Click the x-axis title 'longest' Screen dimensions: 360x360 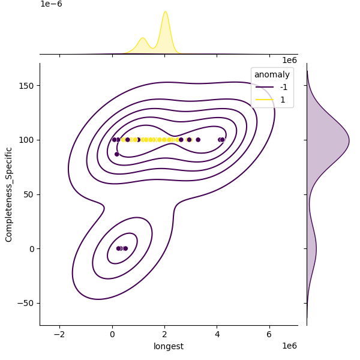tap(169, 346)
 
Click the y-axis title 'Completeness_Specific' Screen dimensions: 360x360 tap(9, 194)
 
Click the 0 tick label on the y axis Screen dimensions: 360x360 tap(32, 248)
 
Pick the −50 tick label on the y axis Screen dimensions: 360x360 tap(26, 303)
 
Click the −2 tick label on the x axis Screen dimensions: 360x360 tap(59, 334)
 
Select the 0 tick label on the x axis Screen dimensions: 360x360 tap(112, 334)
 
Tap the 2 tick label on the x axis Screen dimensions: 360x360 tap(164, 334)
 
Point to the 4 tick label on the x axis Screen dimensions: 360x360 tap(217, 334)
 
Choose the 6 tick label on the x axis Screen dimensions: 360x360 tap(269, 334)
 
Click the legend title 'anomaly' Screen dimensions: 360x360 tap(272, 75)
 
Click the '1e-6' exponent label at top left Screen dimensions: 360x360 tap(51, 4)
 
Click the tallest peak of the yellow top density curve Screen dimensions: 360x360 tap(165, 12)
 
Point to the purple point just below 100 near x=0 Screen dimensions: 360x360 tap(117, 154)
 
